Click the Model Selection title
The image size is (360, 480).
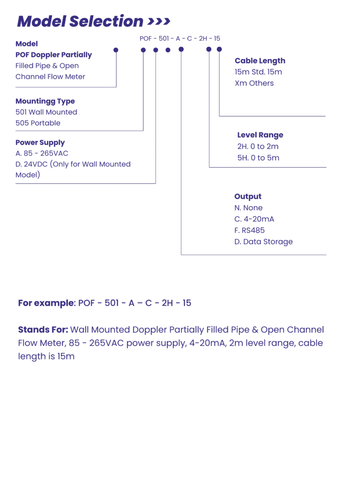[80, 21]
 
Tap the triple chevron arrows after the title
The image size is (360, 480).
[159, 22]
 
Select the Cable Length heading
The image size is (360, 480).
[260, 60]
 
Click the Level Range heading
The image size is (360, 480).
[260, 135]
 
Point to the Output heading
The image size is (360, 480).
[248, 196]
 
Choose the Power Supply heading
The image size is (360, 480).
[40, 142]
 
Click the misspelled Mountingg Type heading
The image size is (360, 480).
[45, 101]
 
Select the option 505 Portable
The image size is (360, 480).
[38, 123]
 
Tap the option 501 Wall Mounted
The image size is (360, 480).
[46, 112]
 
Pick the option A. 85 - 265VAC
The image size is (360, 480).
[42, 153]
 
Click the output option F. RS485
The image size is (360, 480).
[249, 231]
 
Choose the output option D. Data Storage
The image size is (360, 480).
[263, 242]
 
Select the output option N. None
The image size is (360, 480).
[248, 208]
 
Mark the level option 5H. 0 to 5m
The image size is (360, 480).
[258, 157]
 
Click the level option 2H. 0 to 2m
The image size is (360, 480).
[258, 146]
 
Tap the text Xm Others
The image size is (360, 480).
[254, 83]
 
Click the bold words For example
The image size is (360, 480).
[46, 303]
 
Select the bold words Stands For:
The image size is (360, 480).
[43, 330]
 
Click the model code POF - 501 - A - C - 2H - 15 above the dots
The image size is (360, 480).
[180, 38]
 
